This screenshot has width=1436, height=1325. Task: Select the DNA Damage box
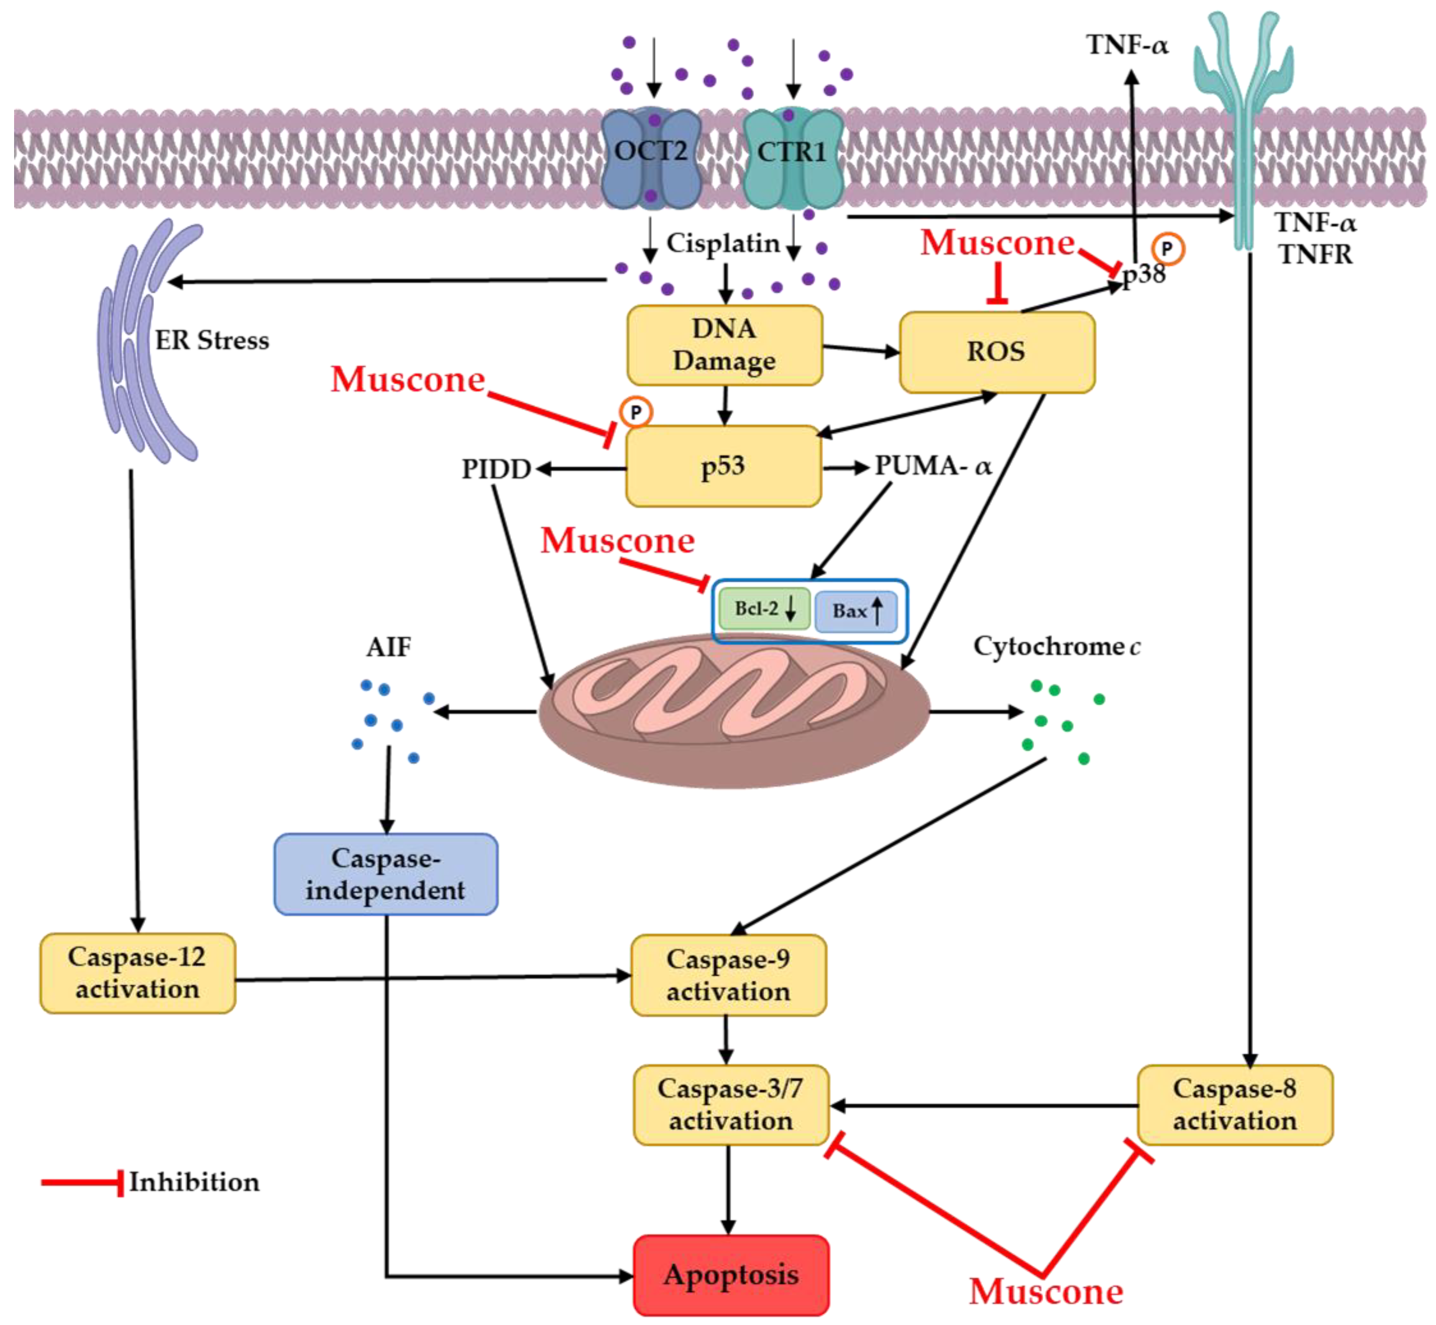pyautogui.click(x=724, y=345)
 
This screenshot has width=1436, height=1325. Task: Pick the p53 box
pyautogui.click(x=722, y=466)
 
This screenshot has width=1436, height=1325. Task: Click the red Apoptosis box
pyautogui.click(x=730, y=1274)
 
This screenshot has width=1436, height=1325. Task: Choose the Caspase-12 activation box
pyautogui.click(x=137, y=973)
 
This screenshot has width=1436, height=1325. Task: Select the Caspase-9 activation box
pyautogui.click(x=728, y=975)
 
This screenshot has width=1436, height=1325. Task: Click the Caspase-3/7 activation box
pyautogui.click(x=730, y=1105)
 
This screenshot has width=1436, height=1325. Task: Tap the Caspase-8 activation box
pyautogui.click(x=1234, y=1105)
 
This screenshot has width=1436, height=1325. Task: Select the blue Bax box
pyautogui.click(x=855, y=612)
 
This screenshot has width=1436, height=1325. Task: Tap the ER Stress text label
pyautogui.click(x=212, y=341)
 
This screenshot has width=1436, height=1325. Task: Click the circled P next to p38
pyautogui.click(x=1167, y=249)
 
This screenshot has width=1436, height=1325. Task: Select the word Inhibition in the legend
pyautogui.click(x=194, y=1182)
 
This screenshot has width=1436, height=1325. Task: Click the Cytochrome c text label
pyautogui.click(x=1056, y=647)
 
